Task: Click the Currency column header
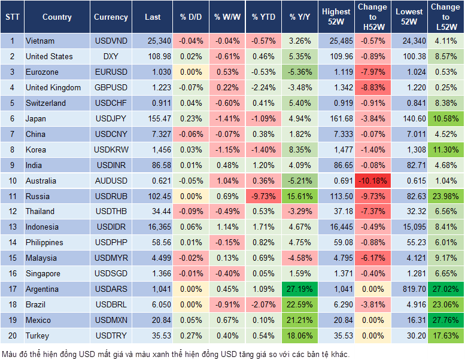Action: [x=111, y=17]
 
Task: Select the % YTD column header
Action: [x=264, y=17]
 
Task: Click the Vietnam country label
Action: [x=40, y=41]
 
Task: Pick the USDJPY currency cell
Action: [x=111, y=118]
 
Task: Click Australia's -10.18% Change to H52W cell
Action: [x=372, y=181]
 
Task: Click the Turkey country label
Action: [x=38, y=335]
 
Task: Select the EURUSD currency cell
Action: [x=111, y=72]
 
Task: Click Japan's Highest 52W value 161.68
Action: [x=336, y=118]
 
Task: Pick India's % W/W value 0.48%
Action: [x=227, y=165]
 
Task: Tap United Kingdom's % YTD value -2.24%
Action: [x=264, y=87]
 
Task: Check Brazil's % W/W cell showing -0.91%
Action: [x=227, y=304]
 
